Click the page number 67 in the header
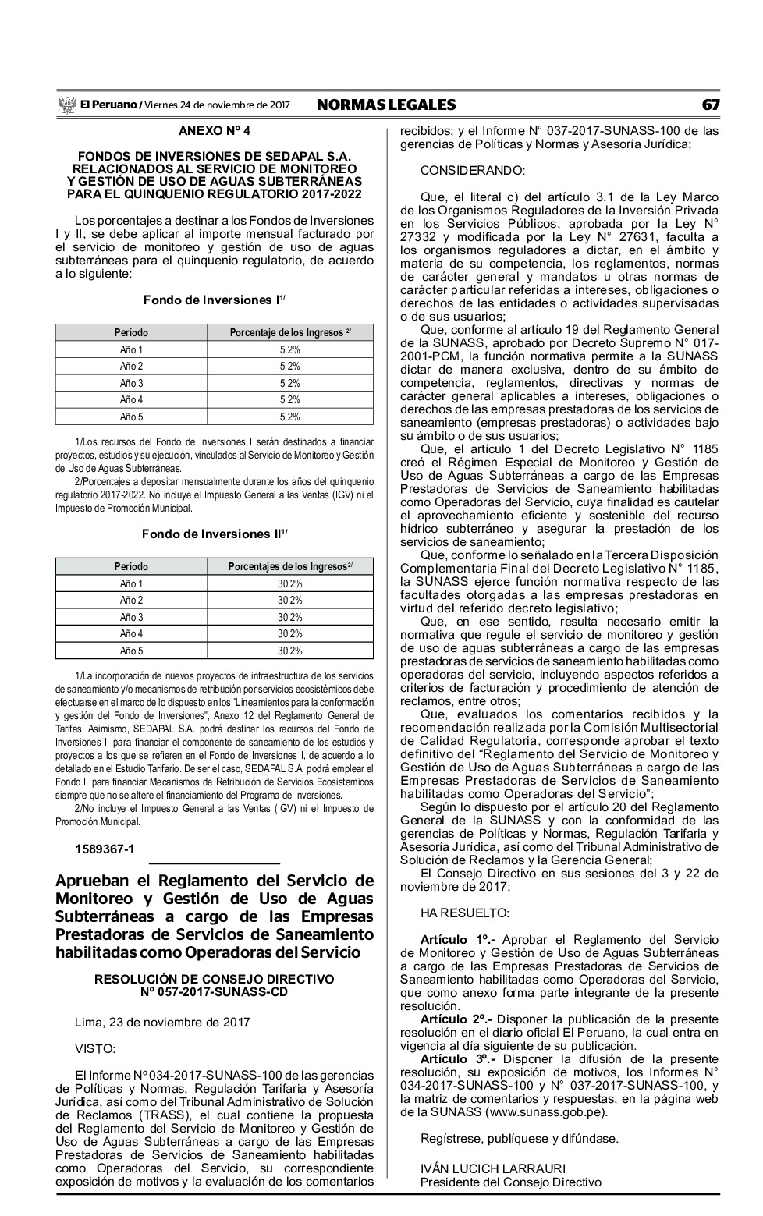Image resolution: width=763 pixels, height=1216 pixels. pyautogui.click(x=710, y=105)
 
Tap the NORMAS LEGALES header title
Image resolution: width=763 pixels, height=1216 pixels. pyautogui.click(x=386, y=105)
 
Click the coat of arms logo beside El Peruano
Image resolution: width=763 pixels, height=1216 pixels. pyautogui.click(x=66, y=105)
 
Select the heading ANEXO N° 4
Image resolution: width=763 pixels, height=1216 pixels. pyautogui.click(x=214, y=131)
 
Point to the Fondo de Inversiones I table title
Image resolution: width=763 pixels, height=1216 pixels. pyautogui.click(x=214, y=300)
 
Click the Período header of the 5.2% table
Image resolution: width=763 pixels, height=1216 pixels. pyautogui.click(x=131, y=333)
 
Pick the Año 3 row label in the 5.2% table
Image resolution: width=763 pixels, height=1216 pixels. pyautogui.click(x=131, y=383)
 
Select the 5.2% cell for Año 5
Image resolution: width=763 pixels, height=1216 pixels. pyautogui.click(x=290, y=417)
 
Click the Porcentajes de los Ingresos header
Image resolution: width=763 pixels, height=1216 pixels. pyautogui.click(x=290, y=567)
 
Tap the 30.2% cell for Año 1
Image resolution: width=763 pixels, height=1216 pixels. pyautogui.click(x=290, y=584)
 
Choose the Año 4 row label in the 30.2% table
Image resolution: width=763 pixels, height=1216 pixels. pyautogui.click(x=131, y=634)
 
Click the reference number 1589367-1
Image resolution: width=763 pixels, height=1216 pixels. pyautogui.click(x=105, y=849)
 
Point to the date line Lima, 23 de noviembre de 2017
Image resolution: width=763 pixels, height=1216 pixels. pyautogui.click(x=162, y=1022)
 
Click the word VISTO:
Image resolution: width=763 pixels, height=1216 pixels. pyautogui.click(x=95, y=1048)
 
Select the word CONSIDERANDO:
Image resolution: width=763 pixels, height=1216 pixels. pyautogui.click(x=473, y=171)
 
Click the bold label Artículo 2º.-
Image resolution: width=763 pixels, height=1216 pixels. pyautogui.click(x=456, y=1019)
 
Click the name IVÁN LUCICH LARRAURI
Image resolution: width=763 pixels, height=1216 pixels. pyautogui.click(x=493, y=1168)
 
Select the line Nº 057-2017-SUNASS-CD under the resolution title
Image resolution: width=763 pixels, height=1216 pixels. pyautogui.click(x=214, y=992)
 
